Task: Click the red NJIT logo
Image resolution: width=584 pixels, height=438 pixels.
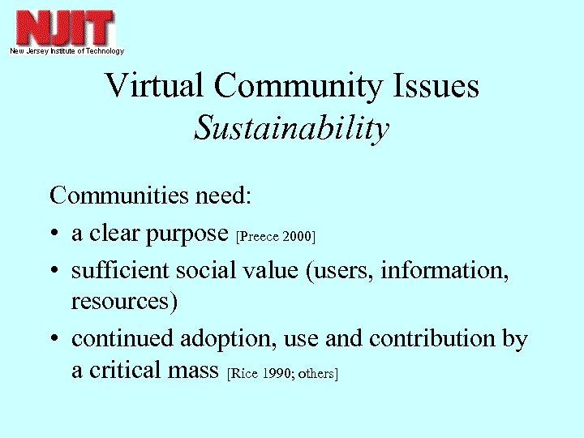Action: coord(66,28)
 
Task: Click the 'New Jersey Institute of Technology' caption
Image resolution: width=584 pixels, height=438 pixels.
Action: coord(67,51)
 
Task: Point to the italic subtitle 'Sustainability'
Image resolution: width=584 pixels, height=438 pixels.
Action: coord(292,127)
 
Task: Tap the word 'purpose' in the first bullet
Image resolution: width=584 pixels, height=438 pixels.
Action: coord(189,235)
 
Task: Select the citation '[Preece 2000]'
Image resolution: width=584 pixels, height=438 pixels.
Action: coord(274,237)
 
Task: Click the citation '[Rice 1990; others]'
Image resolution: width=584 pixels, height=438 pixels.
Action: coord(282,373)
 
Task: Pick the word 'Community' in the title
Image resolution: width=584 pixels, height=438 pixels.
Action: coord(294,87)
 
